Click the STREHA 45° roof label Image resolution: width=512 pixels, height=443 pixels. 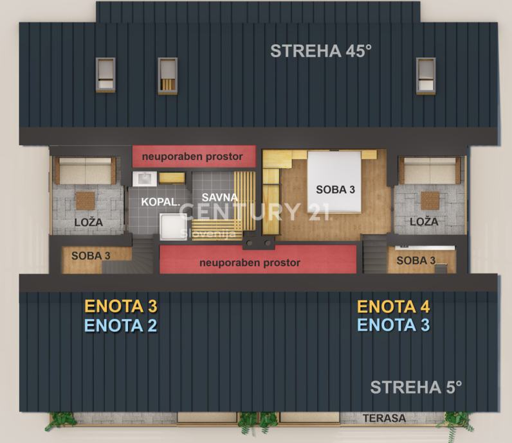321,51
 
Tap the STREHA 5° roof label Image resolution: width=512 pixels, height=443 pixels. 416,387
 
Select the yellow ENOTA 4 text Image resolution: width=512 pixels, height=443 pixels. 394,306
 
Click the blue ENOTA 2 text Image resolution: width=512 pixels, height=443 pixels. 121,326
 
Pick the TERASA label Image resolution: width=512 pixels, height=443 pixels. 385,418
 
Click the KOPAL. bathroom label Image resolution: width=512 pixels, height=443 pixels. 161,202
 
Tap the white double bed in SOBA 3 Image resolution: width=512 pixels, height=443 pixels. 334,182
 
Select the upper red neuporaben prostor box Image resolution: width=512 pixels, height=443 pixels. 194,157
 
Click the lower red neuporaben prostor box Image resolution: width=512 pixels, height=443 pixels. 258,259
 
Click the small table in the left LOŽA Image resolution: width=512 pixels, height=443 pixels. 86,200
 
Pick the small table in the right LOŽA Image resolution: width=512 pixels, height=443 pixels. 430,200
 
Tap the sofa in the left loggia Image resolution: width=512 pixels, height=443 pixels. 85,171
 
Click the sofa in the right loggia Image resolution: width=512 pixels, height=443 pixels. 430,170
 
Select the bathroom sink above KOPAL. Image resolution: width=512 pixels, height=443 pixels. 144,179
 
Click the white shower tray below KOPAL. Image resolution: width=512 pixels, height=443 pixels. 173,226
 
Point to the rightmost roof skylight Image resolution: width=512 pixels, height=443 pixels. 426,76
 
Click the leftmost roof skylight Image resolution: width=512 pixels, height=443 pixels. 105,75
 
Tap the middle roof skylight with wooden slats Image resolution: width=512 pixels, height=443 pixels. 167,76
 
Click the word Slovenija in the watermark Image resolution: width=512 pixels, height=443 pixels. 208,234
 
